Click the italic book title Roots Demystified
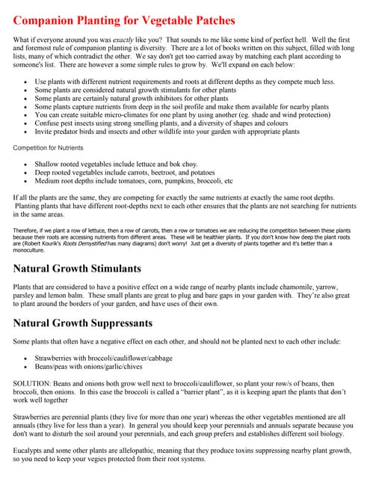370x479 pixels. (x=100, y=243)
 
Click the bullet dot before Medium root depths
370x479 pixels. (x=28, y=180)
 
